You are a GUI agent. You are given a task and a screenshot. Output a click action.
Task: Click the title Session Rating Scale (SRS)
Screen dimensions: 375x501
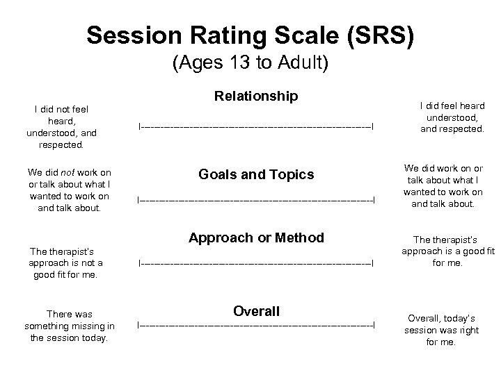[250, 34]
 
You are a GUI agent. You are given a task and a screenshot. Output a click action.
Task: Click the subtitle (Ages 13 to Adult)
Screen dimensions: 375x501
[250, 63]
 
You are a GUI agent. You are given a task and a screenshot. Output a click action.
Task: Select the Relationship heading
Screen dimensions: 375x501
[256, 95]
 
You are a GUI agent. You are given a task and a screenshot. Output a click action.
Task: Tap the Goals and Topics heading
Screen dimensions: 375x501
[256, 175]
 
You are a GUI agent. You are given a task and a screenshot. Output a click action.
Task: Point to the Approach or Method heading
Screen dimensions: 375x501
[256, 237]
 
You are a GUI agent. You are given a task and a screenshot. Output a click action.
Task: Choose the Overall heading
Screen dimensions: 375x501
[256, 310]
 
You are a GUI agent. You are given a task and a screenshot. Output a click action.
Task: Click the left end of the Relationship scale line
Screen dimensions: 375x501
[140, 126]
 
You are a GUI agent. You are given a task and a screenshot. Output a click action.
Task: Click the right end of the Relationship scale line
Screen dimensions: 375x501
[374, 126]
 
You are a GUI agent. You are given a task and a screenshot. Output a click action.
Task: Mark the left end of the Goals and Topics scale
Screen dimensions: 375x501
[139, 200]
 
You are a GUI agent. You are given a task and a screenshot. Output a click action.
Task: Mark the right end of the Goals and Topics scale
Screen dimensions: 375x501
[374, 200]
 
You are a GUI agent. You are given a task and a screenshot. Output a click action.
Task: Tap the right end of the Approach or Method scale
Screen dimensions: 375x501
[374, 263]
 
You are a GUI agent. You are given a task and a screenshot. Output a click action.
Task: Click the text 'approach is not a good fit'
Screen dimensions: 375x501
[65, 262]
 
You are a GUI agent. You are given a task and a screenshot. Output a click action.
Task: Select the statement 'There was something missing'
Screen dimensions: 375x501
[70, 326]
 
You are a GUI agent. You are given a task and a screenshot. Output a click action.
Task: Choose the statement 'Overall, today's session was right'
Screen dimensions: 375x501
[442, 330]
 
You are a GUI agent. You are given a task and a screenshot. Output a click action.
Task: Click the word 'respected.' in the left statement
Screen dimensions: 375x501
[61, 146]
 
